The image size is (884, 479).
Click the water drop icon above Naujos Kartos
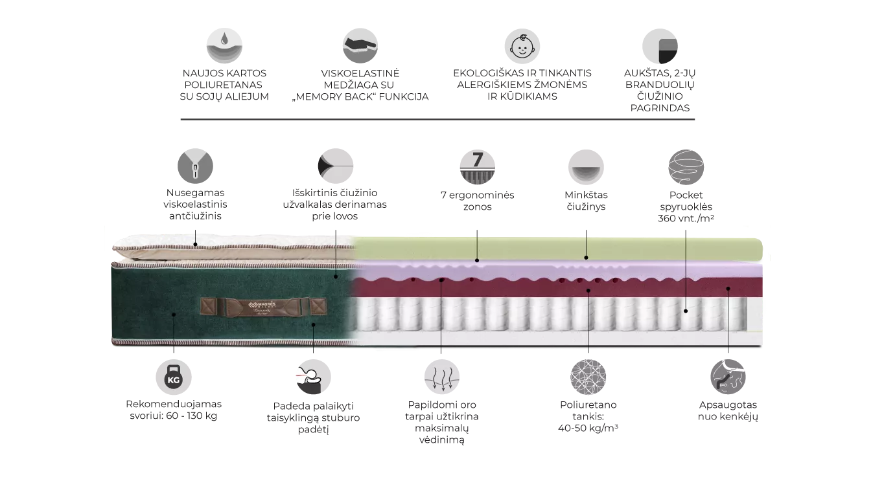click(224, 46)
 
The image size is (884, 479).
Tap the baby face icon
click(522, 46)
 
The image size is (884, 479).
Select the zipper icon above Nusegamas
click(195, 166)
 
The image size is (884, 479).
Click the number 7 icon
click(478, 167)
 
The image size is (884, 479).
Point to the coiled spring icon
click(686, 167)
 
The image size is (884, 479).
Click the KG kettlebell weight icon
click(174, 377)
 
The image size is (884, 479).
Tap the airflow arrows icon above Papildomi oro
click(442, 377)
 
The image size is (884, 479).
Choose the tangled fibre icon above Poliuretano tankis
click(588, 377)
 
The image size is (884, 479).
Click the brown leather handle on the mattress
click(264, 307)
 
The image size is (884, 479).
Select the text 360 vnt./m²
click(686, 218)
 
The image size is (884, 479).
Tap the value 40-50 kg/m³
click(588, 428)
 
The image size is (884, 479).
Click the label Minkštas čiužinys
click(586, 201)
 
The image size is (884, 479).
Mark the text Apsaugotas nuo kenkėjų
click(728, 411)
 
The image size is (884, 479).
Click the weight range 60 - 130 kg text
click(192, 416)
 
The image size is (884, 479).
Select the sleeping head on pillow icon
click(313, 377)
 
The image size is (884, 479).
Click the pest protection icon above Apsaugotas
click(728, 377)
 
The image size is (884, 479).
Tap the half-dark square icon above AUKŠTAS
click(660, 46)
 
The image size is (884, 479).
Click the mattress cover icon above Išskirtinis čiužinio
click(336, 166)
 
